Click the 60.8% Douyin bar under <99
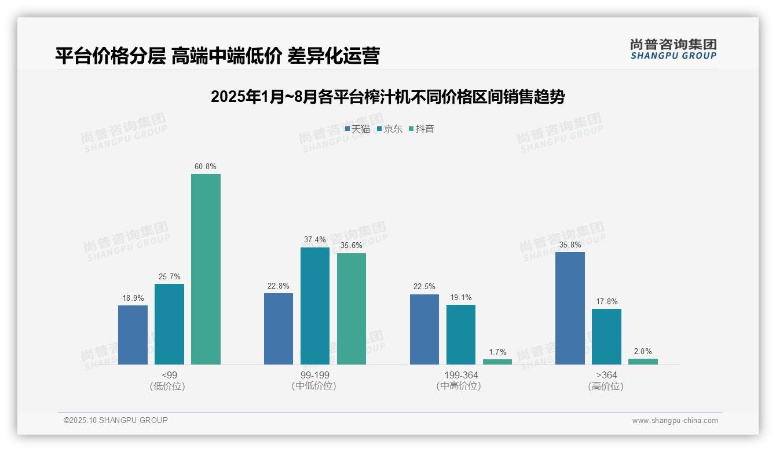pos(206,269)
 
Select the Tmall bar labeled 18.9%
pos(133,335)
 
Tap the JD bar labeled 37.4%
pos(314,306)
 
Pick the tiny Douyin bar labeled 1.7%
pos(497,362)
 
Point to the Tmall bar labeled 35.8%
pos(570,308)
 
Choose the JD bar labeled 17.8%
pos(606,337)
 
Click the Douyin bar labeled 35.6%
pos(352,309)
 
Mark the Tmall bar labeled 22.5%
pos(424,329)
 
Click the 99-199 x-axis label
pos(314,375)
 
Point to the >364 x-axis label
pos(606,375)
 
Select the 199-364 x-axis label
pos(461,375)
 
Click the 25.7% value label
pos(169,276)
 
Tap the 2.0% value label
pos(643,351)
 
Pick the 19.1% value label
pos(461,298)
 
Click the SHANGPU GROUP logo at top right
pos(673,49)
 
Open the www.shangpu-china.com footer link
pos(675,421)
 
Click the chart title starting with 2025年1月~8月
pos(387,97)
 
